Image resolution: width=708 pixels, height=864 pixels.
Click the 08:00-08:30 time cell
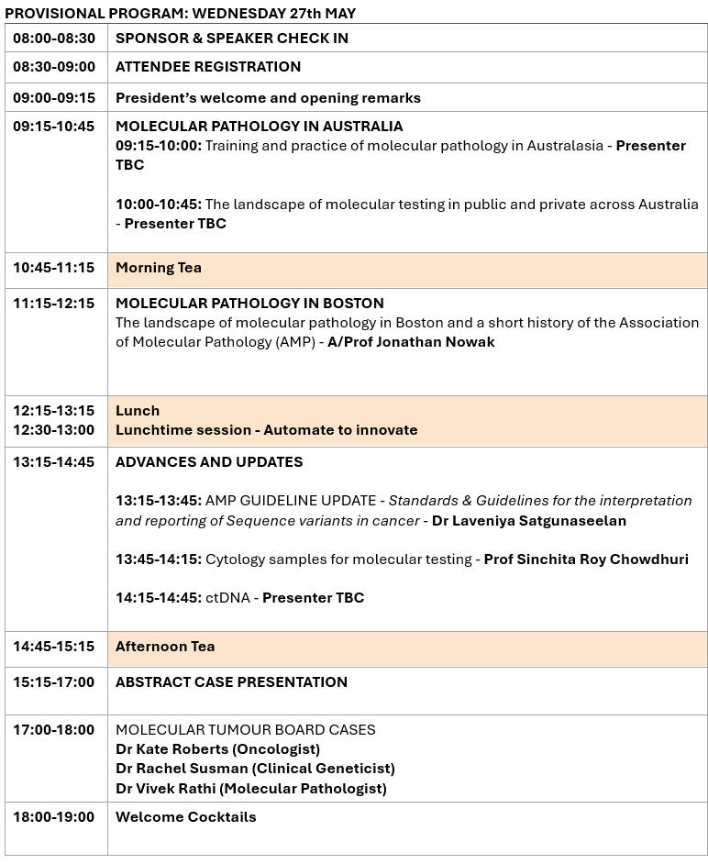54,38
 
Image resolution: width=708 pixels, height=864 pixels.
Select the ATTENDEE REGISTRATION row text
208,66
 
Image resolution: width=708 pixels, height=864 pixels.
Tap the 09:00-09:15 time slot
54,97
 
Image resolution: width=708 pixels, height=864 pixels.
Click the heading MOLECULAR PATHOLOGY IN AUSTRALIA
259,126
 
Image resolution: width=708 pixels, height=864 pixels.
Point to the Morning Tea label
159,268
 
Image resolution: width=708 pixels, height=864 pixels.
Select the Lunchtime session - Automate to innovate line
266,429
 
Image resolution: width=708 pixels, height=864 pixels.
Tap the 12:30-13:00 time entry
54,429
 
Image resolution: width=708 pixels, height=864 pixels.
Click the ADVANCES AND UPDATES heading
209,461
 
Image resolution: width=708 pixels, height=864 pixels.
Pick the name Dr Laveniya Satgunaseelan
529,521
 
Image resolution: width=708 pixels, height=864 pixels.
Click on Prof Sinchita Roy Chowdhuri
586,559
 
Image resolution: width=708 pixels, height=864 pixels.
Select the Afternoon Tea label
165,647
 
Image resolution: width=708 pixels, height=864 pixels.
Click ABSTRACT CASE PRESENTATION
231,681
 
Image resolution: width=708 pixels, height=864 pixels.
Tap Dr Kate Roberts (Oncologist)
217,749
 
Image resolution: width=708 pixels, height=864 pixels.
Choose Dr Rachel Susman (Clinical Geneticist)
255,769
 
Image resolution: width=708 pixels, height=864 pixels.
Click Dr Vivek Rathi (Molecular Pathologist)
251,788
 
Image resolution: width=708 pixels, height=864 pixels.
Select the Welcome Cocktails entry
186,816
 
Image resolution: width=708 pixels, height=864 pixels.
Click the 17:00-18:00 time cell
54,730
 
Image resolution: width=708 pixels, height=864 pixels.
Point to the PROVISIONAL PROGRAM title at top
181,13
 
